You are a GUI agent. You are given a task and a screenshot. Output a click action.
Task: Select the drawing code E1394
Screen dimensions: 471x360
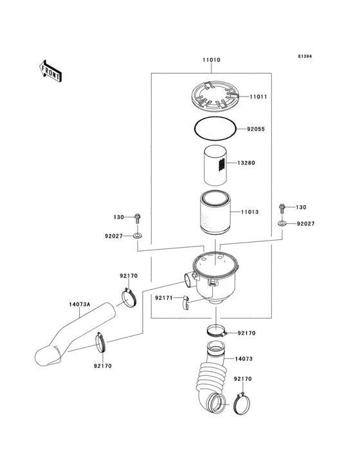(x=304, y=57)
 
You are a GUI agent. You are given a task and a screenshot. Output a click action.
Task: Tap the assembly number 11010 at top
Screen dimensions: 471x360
(x=212, y=60)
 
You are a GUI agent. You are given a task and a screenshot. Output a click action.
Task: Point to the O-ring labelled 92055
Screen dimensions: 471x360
(x=215, y=129)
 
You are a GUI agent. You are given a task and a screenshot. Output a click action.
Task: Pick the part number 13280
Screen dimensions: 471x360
(x=246, y=163)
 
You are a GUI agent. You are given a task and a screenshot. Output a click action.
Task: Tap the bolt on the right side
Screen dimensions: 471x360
(x=282, y=208)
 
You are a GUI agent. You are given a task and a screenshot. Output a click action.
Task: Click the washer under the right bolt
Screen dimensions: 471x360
(x=282, y=223)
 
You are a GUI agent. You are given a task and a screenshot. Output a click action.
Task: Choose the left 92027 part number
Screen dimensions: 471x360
(x=114, y=236)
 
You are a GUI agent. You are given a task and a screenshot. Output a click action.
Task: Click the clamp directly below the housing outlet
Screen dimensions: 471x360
(x=217, y=333)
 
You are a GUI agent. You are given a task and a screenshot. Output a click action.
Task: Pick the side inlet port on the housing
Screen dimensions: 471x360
(x=188, y=280)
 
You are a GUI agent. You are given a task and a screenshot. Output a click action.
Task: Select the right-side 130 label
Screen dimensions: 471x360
(x=301, y=208)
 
